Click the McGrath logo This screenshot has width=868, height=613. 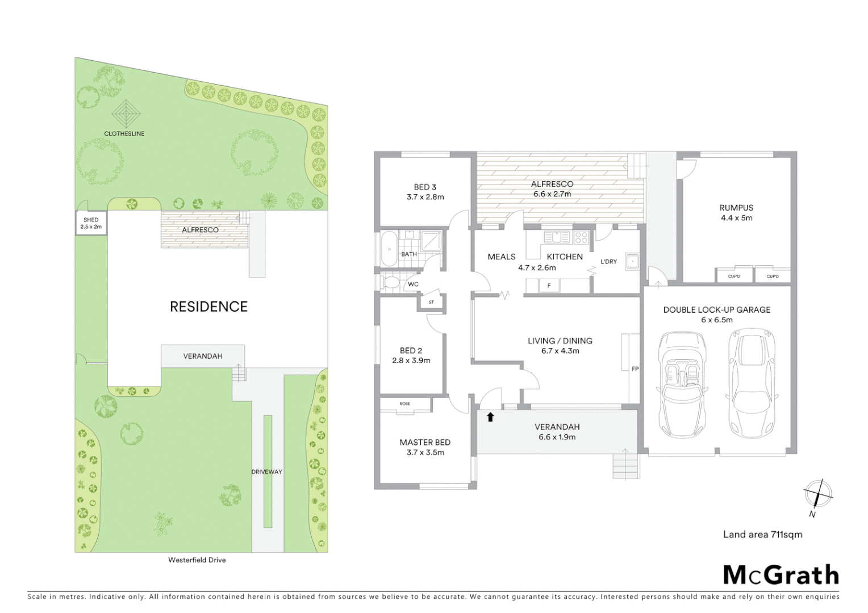tap(781, 575)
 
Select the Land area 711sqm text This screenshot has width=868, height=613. tap(762, 534)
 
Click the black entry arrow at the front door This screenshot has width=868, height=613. tap(491, 417)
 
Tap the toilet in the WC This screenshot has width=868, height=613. tap(391, 282)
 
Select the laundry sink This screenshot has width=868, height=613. tap(632, 261)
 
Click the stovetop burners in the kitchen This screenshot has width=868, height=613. tap(581, 237)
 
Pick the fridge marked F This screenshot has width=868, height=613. tap(549, 285)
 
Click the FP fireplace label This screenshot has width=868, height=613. tap(635, 369)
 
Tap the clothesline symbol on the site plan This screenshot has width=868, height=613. tap(126, 114)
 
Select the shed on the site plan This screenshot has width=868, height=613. tap(91, 223)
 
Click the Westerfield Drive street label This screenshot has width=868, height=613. tap(197, 560)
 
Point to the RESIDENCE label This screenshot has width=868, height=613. tap(208, 307)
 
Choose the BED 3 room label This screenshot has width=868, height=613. tap(425, 187)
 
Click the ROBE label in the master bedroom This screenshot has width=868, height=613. tap(404, 404)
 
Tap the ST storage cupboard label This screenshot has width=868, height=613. tap(431, 302)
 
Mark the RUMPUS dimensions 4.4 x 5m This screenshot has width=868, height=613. tap(736, 218)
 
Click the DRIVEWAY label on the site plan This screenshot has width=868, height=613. tap(266, 472)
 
